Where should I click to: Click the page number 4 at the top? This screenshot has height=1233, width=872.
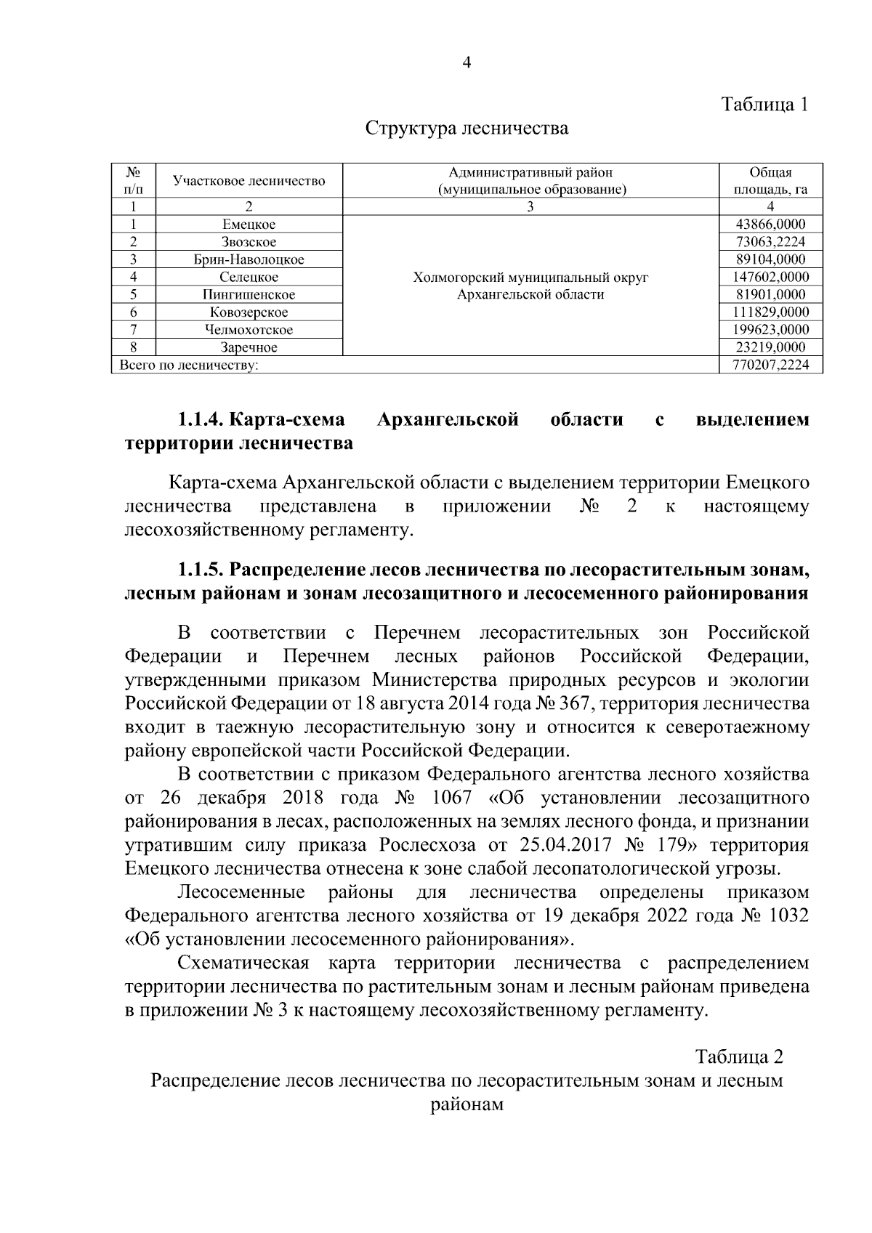click(x=467, y=63)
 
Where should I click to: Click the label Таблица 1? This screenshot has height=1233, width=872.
click(x=764, y=104)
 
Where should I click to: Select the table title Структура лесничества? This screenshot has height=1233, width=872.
click(x=467, y=129)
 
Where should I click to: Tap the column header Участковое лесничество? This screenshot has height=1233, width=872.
click(x=249, y=181)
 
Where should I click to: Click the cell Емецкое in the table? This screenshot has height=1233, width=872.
click(x=249, y=225)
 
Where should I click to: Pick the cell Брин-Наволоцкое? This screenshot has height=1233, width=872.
click(x=249, y=259)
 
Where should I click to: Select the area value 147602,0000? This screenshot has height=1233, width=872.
click(x=770, y=277)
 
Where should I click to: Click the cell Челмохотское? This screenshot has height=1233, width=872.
click(x=249, y=330)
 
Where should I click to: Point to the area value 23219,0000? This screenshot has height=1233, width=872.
click(x=770, y=347)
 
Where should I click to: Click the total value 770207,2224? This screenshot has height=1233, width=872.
click(x=770, y=365)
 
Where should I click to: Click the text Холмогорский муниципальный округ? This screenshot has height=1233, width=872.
click(x=530, y=278)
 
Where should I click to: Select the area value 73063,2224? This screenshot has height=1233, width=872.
click(x=770, y=242)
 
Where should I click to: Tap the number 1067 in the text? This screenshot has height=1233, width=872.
click(x=451, y=798)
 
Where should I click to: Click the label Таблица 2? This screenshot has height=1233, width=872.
click(x=739, y=1056)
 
